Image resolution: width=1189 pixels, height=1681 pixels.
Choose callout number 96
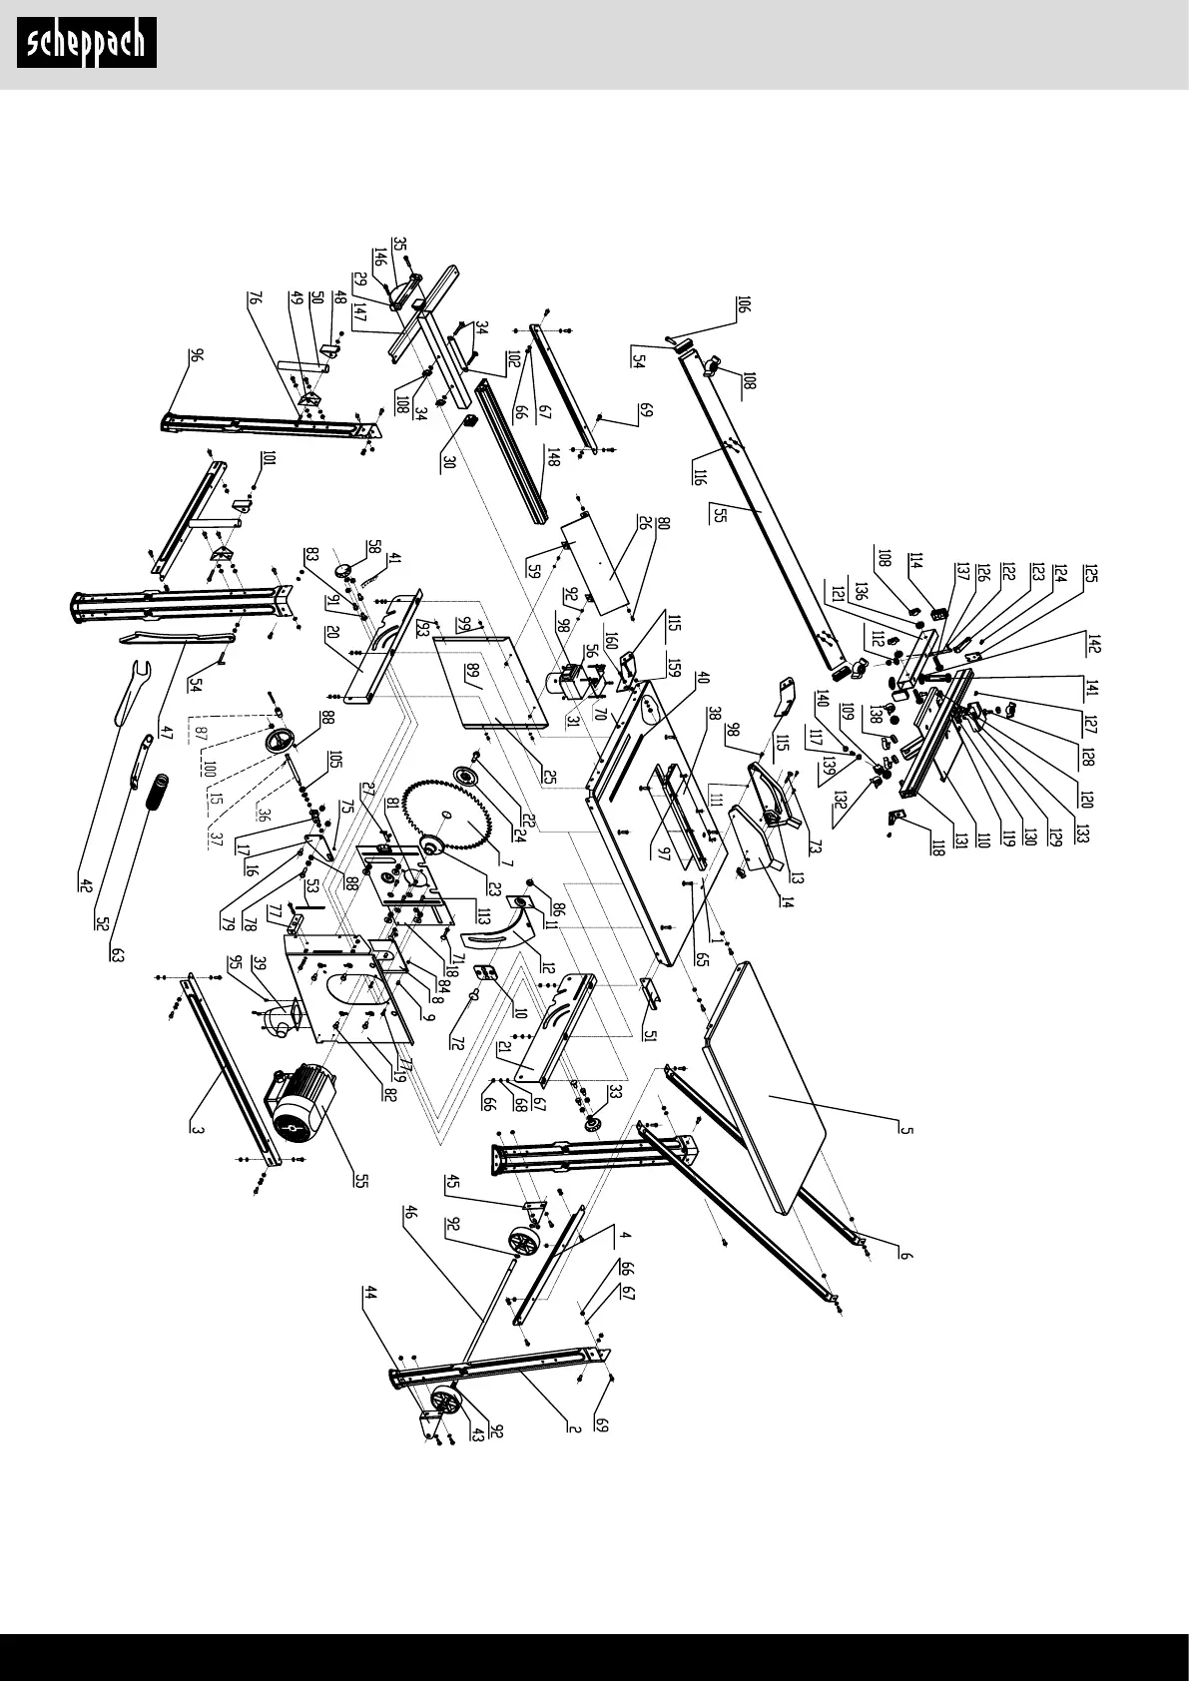[197, 357]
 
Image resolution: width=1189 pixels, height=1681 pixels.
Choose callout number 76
[254, 300]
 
